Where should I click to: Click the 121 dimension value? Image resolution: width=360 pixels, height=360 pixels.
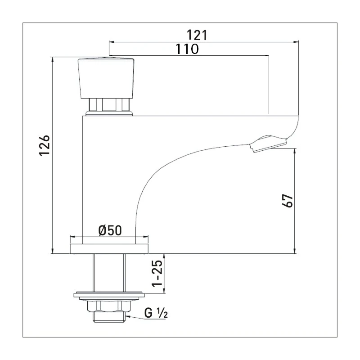point(197,35)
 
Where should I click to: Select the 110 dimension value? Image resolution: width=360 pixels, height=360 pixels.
point(187,49)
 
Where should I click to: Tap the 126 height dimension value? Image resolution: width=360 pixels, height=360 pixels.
point(44,145)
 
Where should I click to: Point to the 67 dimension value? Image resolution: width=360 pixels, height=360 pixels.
point(288,201)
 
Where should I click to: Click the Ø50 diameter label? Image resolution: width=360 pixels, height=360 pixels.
point(110,230)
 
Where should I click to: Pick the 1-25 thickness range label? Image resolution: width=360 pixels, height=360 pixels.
point(157,274)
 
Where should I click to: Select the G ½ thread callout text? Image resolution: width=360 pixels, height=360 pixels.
point(156,313)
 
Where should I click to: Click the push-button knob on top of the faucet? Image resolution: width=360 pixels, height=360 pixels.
point(106,78)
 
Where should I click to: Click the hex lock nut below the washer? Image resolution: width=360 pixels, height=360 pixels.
point(109,306)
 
